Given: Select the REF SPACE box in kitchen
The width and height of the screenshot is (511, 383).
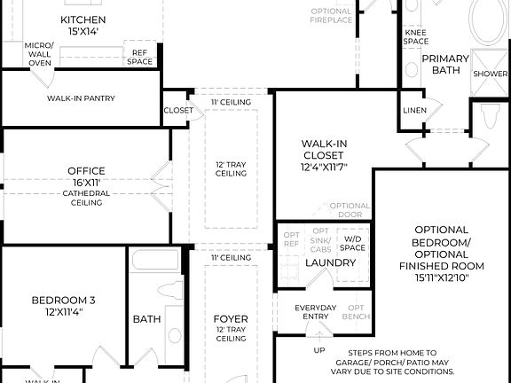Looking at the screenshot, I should coord(140,56).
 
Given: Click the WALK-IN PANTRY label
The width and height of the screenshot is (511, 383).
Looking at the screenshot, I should coord(81,98).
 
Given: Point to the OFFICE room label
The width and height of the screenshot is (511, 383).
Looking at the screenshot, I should coord(86,171).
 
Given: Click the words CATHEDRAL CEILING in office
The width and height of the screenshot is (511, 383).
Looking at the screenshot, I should coord(86,198).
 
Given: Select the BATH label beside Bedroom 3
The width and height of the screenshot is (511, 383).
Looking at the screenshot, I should coord(146,319).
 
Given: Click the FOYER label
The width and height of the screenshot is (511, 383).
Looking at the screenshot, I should coord(231,319).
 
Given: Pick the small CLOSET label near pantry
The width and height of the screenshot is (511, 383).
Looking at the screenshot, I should coord(177,111).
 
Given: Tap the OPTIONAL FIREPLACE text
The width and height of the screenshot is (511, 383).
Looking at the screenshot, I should coord(331,15).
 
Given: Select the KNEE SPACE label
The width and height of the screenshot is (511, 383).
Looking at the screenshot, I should coord(415,36).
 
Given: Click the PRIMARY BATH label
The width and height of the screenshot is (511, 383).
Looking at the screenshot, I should coord(444,65).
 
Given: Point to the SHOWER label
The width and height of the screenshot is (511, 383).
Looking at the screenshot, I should coord(491,74).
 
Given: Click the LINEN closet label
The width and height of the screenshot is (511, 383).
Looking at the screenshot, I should coord(414,111).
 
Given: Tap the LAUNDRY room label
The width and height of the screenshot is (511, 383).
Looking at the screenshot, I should coord(330,262).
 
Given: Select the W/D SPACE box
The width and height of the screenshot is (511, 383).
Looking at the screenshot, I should coord(354,242).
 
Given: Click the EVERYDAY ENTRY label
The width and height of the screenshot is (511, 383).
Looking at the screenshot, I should coord(316,312).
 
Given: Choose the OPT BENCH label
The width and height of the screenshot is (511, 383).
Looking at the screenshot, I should coord(357,312).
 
